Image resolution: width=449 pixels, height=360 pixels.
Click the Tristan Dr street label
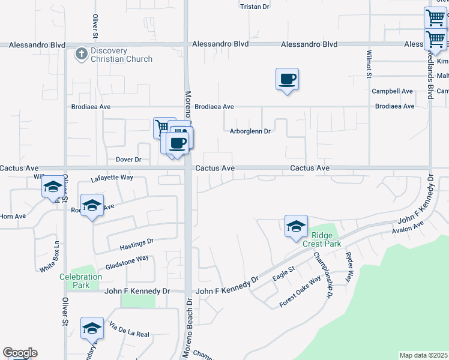[x=255, y=7]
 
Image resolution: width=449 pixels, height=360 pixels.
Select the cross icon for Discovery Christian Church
[x=82, y=55]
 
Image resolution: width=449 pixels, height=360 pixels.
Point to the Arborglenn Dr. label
[x=251, y=131]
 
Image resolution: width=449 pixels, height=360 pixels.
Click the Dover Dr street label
[x=128, y=160]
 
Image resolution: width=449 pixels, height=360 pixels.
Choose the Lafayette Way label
[x=112, y=178]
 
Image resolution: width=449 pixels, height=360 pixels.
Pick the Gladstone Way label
[x=127, y=259]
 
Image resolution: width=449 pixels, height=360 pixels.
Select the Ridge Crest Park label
[x=322, y=239]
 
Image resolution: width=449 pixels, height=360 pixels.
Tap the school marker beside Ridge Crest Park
[x=296, y=227]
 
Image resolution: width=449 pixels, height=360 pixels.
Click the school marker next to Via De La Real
[x=92, y=328]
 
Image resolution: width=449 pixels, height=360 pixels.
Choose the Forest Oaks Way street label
[x=300, y=292]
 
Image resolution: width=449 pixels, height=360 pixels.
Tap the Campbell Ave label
[x=392, y=91]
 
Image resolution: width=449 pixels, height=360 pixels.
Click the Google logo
[x=20, y=353]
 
